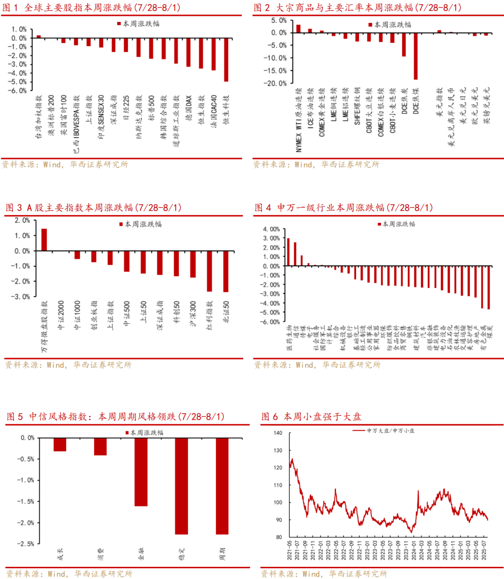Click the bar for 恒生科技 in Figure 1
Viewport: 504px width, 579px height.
[x=226, y=60]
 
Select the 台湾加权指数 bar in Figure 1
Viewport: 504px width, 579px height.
[x=39, y=36]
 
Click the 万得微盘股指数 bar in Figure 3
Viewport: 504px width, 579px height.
[x=44, y=240]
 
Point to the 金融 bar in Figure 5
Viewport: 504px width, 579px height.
[x=141, y=472]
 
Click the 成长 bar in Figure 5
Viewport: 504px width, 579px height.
[x=60, y=444]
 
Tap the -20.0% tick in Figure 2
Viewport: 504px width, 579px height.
[x=276, y=83]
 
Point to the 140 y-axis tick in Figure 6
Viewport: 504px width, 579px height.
[x=278, y=433]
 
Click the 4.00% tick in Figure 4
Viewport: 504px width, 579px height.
[x=271, y=229]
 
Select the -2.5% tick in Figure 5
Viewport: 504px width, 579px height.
[x=26, y=544]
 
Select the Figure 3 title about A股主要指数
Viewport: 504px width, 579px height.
[x=93, y=208]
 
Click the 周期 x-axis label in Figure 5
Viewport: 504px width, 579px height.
[x=222, y=554]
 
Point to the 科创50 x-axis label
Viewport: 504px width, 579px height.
[x=177, y=311]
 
